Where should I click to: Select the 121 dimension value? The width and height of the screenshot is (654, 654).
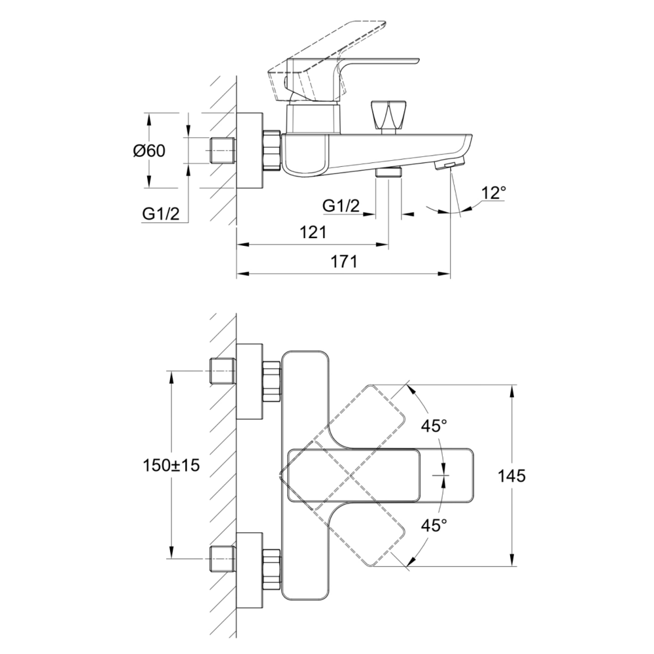(x=313, y=232)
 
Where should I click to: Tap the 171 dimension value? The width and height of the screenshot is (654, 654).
(x=344, y=262)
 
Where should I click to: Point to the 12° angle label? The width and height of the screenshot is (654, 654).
(x=494, y=193)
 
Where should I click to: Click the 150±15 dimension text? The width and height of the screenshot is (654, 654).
(x=171, y=466)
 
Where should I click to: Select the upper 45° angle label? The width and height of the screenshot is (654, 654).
(x=434, y=426)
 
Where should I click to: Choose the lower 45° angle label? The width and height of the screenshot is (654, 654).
(x=434, y=525)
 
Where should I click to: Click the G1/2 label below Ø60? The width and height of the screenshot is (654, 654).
(x=161, y=213)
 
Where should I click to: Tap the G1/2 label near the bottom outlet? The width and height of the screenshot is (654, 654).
(x=341, y=206)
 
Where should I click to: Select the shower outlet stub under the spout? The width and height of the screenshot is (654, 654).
(x=389, y=173)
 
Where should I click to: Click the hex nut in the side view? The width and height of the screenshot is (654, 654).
(x=271, y=151)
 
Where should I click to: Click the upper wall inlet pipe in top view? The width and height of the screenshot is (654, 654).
(x=222, y=371)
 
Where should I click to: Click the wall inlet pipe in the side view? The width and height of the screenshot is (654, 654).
(x=222, y=151)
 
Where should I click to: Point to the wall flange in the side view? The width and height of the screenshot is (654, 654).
(x=249, y=151)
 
